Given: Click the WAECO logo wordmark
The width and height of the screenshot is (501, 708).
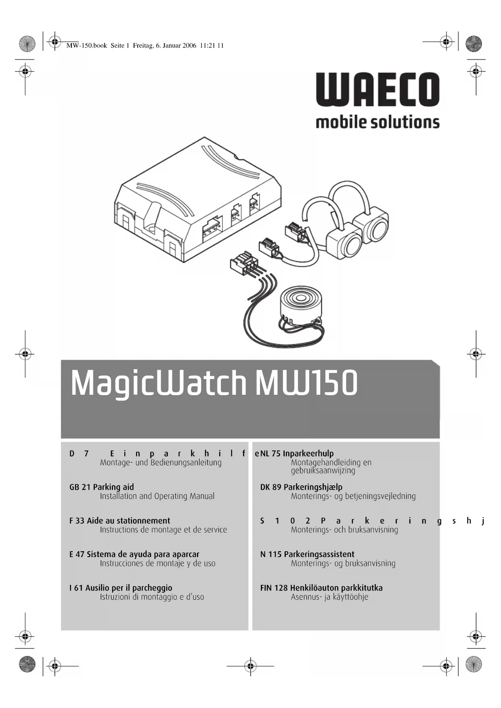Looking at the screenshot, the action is click(x=377, y=90).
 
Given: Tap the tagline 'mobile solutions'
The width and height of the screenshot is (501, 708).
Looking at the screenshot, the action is click(x=377, y=122).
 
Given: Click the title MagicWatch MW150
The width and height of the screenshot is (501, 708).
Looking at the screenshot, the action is click(x=214, y=383).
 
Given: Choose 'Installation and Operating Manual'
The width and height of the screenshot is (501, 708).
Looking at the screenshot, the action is click(x=157, y=496).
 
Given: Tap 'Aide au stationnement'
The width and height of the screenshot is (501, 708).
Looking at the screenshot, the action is click(x=128, y=521).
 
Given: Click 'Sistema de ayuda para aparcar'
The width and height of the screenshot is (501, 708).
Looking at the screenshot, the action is click(x=143, y=554).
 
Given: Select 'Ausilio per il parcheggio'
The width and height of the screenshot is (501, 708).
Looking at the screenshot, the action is click(x=129, y=588).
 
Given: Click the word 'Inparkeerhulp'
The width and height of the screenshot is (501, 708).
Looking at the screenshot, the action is click(x=308, y=453).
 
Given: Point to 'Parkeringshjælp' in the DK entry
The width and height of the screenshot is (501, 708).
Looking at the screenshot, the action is click(x=313, y=487).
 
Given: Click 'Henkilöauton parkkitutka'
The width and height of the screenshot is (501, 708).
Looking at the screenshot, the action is click(x=336, y=588).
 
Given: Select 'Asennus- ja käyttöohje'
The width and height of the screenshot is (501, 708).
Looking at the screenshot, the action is click(x=329, y=597).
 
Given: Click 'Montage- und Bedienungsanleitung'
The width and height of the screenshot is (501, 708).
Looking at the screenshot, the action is click(x=161, y=463).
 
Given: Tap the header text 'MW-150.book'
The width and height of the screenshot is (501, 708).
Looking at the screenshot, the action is click(x=86, y=46).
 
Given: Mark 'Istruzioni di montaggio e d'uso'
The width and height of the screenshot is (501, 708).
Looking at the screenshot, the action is click(x=152, y=597).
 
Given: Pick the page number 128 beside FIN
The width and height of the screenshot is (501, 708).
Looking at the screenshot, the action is click(x=281, y=588).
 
